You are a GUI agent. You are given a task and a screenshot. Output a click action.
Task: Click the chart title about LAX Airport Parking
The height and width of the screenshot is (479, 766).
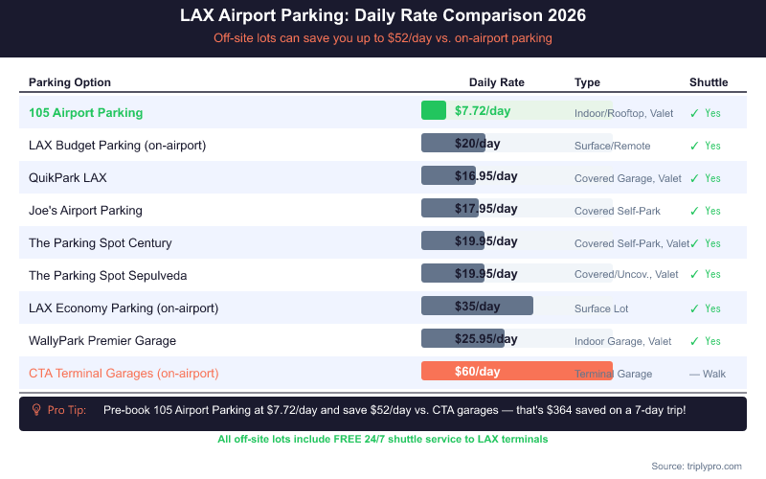pyautogui.click(x=383, y=16)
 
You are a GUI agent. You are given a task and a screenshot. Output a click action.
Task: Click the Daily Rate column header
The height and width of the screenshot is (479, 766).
pyautogui.click(x=496, y=82)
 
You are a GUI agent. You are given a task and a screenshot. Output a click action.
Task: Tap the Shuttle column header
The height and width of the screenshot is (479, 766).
pyautogui.click(x=709, y=82)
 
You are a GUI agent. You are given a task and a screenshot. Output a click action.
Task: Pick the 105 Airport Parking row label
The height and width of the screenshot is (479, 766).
pyautogui.click(x=85, y=113)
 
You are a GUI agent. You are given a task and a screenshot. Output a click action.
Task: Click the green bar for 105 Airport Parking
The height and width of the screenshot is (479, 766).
pyautogui.click(x=434, y=111)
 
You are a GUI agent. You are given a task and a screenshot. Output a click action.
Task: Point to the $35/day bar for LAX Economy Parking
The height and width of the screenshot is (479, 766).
pyautogui.click(x=477, y=307)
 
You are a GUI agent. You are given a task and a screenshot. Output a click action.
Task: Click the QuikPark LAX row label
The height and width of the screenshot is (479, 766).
pyautogui.click(x=68, y=178)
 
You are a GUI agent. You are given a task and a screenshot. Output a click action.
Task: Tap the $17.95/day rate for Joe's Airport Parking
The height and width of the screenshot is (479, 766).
pyautogui.click(x=485, y=209)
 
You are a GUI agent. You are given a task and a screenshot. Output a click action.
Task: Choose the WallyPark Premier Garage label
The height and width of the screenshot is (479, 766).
pyautogui.click(x=102, y=341)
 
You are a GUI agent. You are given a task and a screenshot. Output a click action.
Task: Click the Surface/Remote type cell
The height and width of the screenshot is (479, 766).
pyautogui.click(x=612, y=146)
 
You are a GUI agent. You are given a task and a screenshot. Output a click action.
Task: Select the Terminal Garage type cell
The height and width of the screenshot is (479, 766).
pyautogui.click(x=613, y=374)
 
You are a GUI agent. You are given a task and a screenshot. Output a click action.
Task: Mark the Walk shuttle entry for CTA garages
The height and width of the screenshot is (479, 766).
pyautogui.click(x=708, y=374)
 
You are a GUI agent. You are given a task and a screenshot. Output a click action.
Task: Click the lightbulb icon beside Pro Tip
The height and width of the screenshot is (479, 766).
pyautogui.click(x=36, y=410)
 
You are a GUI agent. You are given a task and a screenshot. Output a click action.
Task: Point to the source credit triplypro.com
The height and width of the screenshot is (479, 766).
pyautogui.click(x=696, y=466)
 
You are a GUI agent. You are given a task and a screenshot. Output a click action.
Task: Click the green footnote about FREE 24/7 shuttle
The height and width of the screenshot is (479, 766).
pyautogui.click(x=383, y=440)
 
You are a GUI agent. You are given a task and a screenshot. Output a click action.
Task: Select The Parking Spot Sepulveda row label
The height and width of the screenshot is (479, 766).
pyautogui.click(x=107, y=276)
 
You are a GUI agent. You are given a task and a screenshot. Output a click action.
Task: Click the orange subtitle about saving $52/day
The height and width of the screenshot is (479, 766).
pyautogui.click(x=383, y=38)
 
